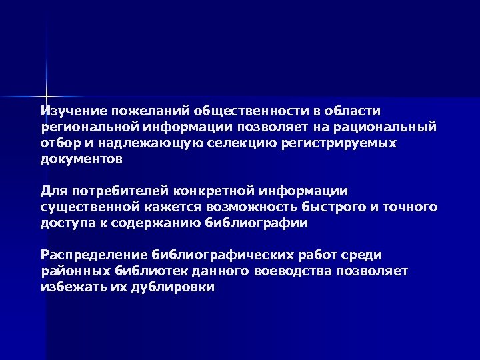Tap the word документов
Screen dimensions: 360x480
pos(82,161)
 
